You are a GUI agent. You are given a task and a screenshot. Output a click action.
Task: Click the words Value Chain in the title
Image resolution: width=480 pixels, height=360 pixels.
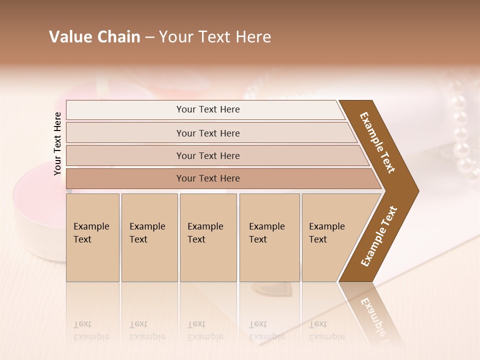click(94, 37)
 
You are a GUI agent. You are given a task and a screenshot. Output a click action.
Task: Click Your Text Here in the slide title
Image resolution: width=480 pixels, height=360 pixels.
click(215, 37)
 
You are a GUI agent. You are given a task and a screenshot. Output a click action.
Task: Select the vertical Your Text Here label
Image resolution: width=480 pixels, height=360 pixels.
click(57, 143)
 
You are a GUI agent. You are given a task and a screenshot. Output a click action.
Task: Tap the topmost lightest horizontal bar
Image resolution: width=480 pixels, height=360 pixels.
click(208, 109)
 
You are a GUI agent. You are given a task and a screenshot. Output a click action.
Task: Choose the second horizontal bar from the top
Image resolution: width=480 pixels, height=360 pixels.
click(208, 133)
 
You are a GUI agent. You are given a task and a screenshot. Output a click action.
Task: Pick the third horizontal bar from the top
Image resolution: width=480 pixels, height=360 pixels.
click(208, 155)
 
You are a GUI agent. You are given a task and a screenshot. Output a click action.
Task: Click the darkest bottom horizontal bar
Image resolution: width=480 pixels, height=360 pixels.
click(208, 178)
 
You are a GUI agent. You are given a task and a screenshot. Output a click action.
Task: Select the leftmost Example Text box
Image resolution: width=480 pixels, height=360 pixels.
click(92, 237)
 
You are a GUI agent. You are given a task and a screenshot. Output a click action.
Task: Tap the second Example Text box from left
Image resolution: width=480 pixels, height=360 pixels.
click(149, 237)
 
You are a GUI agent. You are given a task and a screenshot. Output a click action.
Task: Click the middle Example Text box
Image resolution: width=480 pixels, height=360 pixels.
click(208, 237)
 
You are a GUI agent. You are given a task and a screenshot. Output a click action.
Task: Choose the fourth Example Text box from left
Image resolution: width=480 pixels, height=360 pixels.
click(269, 237)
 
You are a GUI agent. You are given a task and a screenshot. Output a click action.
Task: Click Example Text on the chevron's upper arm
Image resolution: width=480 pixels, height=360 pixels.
click(377, 142)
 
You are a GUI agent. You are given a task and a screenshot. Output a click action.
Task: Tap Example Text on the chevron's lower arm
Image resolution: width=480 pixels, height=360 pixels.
click(379, 236)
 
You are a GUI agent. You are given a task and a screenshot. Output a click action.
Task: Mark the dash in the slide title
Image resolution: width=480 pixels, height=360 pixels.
click(149, 37)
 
